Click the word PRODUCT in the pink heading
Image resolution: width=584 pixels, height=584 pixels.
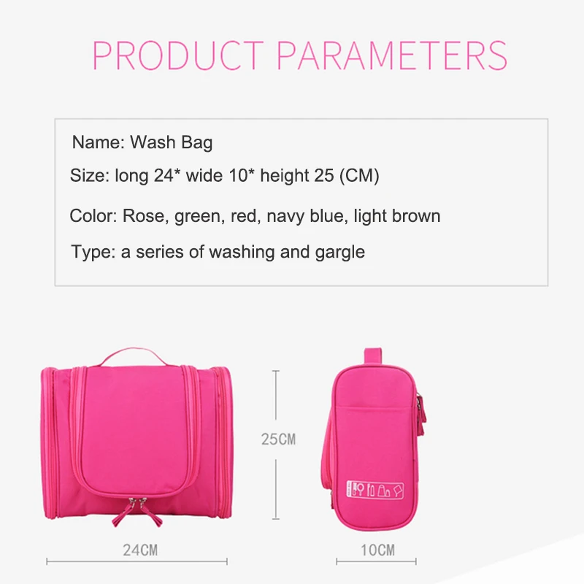(178, 55)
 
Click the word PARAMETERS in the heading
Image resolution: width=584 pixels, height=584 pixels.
(392, 55)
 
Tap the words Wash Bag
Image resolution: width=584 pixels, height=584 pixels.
(172, 142)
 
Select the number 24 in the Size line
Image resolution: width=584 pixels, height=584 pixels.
(164, 175)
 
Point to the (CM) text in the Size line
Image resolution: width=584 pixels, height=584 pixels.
(359, 175)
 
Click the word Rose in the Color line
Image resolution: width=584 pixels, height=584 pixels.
(143, 215)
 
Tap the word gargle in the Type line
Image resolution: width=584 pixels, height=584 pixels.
(340, 253)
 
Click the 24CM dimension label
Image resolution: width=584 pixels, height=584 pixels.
(140, 550)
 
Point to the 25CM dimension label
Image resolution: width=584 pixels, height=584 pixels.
(279, 439)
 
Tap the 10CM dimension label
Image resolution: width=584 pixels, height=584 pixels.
(377, 550)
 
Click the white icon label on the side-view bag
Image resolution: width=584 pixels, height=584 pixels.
(375, 489)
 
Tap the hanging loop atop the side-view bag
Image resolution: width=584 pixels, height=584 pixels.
(373, 356)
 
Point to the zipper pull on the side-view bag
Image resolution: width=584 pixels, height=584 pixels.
(421, 413)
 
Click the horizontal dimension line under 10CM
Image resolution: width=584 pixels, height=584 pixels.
(376, 561)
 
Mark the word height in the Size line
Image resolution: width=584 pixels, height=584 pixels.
(285, 175)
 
